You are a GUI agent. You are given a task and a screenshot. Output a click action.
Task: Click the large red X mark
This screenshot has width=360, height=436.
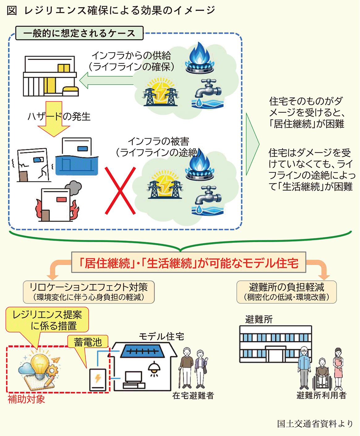click(120, 191)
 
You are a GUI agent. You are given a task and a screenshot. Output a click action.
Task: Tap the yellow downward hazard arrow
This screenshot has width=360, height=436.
click(54, 119)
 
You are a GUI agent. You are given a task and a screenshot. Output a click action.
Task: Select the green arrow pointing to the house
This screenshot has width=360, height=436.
click(106, 80)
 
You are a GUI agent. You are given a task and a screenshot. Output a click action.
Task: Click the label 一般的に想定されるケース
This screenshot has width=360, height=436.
click(79, 33)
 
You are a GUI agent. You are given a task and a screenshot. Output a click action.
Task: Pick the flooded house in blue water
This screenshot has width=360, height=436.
click(77, 156)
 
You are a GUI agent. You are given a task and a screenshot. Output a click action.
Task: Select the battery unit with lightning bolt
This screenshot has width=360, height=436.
click(98, 379)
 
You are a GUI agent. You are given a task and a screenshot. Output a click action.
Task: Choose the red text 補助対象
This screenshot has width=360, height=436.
click(26, 399)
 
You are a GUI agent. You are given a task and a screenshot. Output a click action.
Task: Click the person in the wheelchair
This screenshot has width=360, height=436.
click(322, 375)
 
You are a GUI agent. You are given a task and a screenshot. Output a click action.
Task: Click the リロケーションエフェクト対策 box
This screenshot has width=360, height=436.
click(89, 292)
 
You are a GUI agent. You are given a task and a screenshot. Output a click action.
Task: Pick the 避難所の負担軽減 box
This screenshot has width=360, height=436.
click(286, 292)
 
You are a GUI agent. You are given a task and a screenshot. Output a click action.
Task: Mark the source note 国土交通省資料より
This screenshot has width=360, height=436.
click(315, 424)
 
